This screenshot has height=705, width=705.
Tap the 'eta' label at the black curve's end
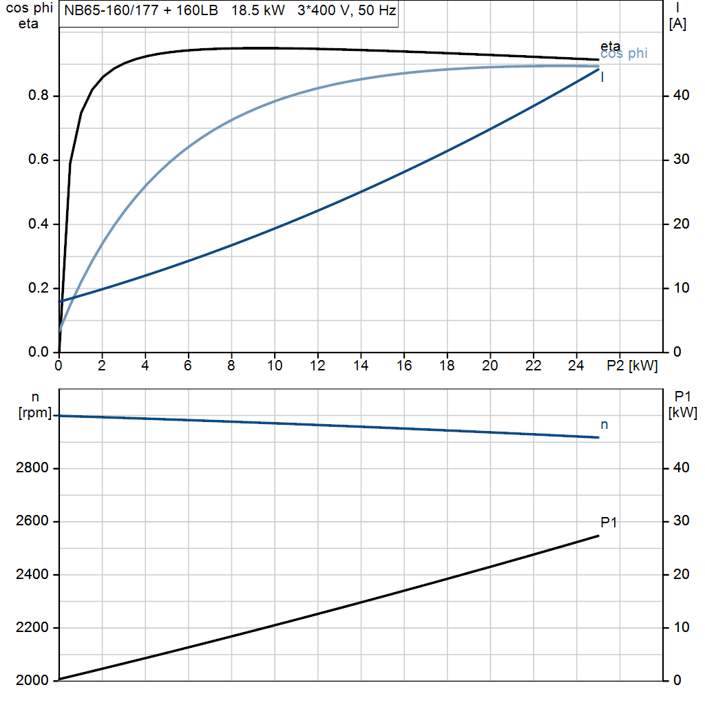pos(610,46)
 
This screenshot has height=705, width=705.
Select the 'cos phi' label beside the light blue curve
pos(624,54)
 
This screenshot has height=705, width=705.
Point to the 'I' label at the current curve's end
pos(602,77)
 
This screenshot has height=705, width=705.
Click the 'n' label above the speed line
pos(604,425)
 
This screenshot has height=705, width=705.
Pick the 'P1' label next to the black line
pos(609,523)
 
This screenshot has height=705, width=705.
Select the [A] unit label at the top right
pos(677,24)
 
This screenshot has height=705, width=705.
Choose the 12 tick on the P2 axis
pos(317,366)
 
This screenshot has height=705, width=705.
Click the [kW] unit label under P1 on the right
pos(682,413)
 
